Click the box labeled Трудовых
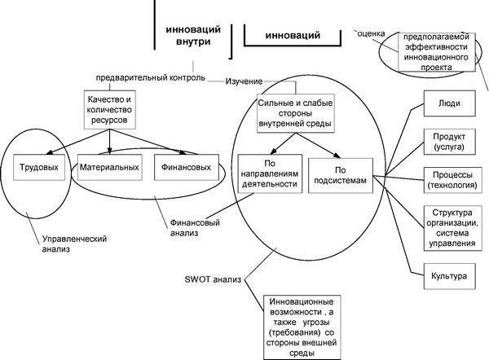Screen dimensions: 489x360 click(x=39, y=168)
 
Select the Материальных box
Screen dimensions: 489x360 click(x=109, y=168)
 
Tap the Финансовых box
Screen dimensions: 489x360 click(x=187, y=168)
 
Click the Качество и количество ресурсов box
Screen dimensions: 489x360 click(x=109, y=110)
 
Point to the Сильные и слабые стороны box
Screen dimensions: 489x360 click(x=295, y=113)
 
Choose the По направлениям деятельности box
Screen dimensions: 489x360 click(x=270, y=173)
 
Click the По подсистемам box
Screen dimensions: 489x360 click(x=341, y=175)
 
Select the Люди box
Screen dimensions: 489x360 click(x=449, y=103)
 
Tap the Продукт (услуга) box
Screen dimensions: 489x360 click(x=449, y=142)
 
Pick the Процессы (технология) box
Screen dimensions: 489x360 click(x=452, y=180)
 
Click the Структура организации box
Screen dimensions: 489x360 click(x=452, y=228)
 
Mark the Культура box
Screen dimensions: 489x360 click(x=449, y=276)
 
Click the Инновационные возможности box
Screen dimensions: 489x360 click(x=302, y=327)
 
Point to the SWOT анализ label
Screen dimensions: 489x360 click(x=213, y=279)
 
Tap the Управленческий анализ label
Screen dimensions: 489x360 click(x=74, y=244)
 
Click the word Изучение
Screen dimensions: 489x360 click(x=244, y=81)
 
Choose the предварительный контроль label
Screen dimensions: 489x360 click(x=150, y=77)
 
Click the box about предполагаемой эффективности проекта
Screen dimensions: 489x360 click(x=436, y=52)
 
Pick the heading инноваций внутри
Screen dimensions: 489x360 click(x=193, y=36)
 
